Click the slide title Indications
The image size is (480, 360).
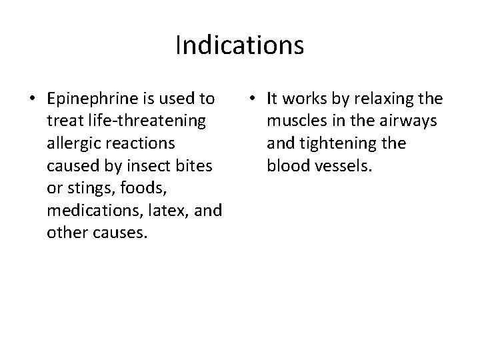click(x=240, y=45)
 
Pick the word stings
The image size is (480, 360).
click(x=85, y=187)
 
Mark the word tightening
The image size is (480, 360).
click(x=347, y=143)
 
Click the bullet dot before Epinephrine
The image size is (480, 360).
click(x=32, y=100)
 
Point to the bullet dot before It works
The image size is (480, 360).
click(x=251, y=100)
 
